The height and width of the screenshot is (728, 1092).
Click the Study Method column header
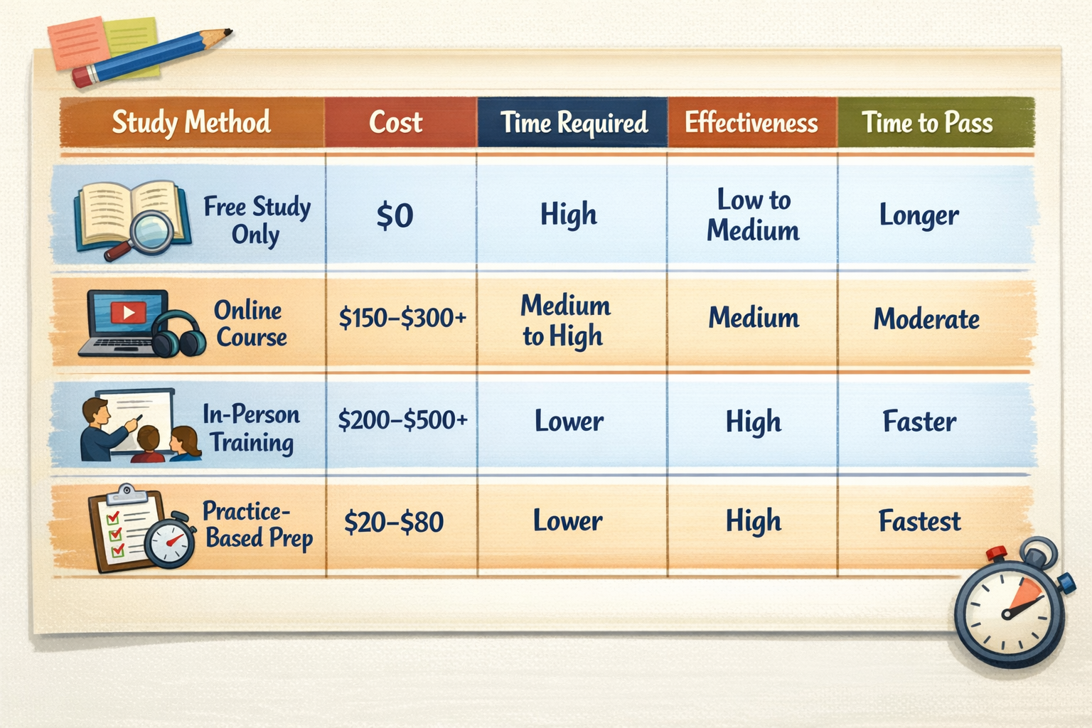(191, 122)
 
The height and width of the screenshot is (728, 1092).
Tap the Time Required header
(574, 123)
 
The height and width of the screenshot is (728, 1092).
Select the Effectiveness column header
(751, 123)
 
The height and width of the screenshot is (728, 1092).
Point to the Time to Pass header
(927, 123)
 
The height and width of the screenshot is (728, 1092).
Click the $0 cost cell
(395, 215)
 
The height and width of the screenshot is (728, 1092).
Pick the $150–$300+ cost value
(402, 317)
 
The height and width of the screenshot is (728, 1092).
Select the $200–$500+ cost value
(402, 420)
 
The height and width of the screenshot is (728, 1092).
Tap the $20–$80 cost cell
(394, 523)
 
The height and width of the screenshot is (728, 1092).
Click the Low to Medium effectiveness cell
(753, 215)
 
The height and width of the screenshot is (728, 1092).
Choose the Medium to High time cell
(565, 321)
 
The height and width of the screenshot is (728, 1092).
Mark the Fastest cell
(919, 521)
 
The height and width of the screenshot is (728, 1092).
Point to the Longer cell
(919, 215)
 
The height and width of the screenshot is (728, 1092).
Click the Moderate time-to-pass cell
(926, 318)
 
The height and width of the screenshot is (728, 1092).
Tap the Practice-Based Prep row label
(257, 525)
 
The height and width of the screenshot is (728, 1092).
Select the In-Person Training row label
(251, 428)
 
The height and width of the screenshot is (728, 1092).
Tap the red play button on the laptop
(129, 312)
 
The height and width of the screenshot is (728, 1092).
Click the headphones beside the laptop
(178, 334)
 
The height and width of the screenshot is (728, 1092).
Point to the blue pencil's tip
(227, 32)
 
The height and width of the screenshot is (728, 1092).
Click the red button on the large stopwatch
(997, 552)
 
